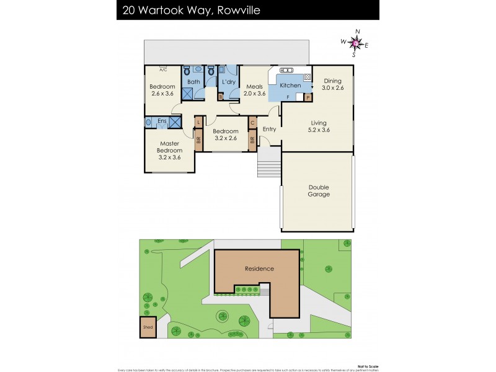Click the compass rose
(x=355, y=43)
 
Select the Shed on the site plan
(x=148, y=327)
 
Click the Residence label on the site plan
(x=259, y=269)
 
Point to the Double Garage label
(x=319, y=190)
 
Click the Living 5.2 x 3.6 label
(x=319, y=127)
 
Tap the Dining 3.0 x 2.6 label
(x=332, y=84)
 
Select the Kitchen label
(x=290, y=86)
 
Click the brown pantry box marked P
(x=308, y=97)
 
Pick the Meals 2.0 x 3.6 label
(x=255, y=90)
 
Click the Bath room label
(x=194, y=82)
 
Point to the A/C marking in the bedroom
(x=162, y=69)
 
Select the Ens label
(x=162, y=121)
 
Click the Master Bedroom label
(x=169, y=150)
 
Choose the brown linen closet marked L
(x=199, y=123)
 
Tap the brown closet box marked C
(x=252, y=123)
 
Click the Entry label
(x=269, y=130)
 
